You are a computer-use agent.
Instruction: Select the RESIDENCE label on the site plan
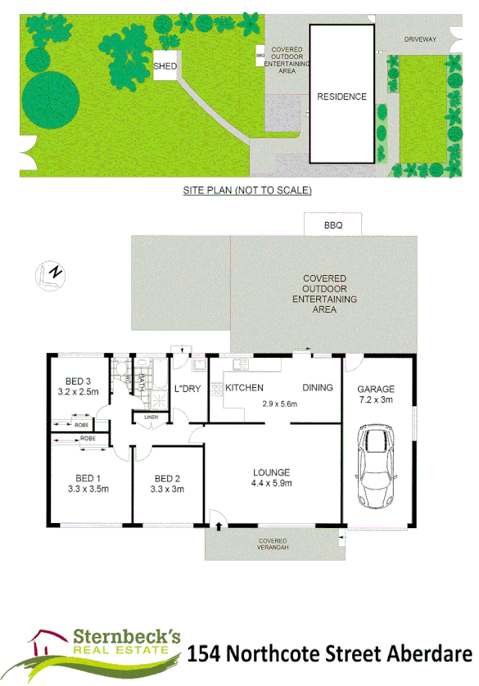tap(341, 97)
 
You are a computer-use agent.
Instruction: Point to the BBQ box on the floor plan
tap(332, 223)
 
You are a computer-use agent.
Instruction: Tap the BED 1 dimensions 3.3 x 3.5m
tap(88, 489)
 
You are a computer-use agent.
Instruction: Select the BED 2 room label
tap(167, 479)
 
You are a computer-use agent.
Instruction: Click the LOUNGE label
tap(272, 472)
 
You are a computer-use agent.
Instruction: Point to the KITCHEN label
tap(244, 387)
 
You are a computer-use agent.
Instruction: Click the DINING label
tap(318, 387)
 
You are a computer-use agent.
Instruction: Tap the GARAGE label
tap(377, 389)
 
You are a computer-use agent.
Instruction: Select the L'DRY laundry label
tap(188, 388)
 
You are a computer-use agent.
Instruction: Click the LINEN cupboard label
tap(151, 417)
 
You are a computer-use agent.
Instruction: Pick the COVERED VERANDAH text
tap(272, 544)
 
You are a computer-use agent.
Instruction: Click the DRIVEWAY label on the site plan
tap(420, 39)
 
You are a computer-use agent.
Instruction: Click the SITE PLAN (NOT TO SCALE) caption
tap(247, 190)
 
